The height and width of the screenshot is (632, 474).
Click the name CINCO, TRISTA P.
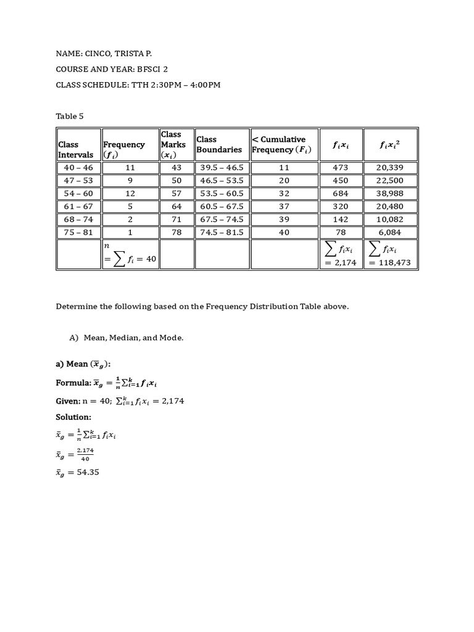(125, 54)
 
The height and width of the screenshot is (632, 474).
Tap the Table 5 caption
(69, 115)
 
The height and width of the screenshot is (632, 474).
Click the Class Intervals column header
(76, 149)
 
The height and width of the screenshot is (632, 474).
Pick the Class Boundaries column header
(219, 144)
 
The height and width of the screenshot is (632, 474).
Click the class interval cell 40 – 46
(78, 167)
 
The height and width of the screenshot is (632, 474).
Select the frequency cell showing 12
(130, 193)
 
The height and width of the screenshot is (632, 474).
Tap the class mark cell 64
(177, 206)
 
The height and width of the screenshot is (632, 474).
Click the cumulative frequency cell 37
(284, 206)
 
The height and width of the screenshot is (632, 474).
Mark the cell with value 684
(340, 193)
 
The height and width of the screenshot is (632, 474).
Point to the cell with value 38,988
(390, 193)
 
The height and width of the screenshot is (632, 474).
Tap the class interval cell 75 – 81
(78, 232)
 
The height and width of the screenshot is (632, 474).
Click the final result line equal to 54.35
(77, 473)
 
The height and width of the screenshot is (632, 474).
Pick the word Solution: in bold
(73, 417)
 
